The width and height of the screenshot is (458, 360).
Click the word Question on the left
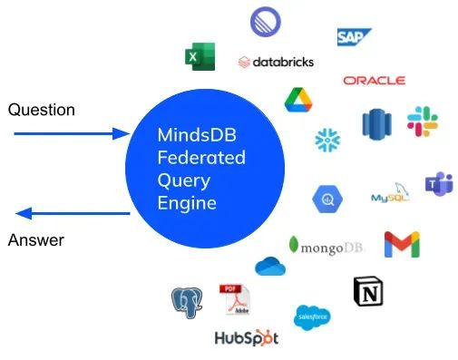coord(41,110)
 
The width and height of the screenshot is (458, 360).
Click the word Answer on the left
coord(36,240)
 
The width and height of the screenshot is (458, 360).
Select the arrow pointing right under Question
coord(73,134)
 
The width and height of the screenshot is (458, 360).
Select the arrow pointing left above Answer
coord(73,214)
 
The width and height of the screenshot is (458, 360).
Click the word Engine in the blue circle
coord(187,202)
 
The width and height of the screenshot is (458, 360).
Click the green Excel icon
coord(200,56)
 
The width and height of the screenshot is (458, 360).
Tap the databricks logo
coord(276,62)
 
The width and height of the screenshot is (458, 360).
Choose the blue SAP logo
coord(354,37)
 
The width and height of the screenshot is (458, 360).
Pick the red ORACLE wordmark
coord(374,81)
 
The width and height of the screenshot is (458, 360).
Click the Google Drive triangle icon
coord(298,99)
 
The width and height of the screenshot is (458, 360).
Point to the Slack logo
coord(422,122)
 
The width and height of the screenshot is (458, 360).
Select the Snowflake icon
coord(327,139)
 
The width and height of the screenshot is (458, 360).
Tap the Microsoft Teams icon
coord(440,184)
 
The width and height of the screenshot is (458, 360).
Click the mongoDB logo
coord(326,244)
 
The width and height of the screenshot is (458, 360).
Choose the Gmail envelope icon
coord(401,245)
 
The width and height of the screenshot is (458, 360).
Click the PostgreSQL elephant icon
coord(186,301)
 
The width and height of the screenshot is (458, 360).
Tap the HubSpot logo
coord(246,338)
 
